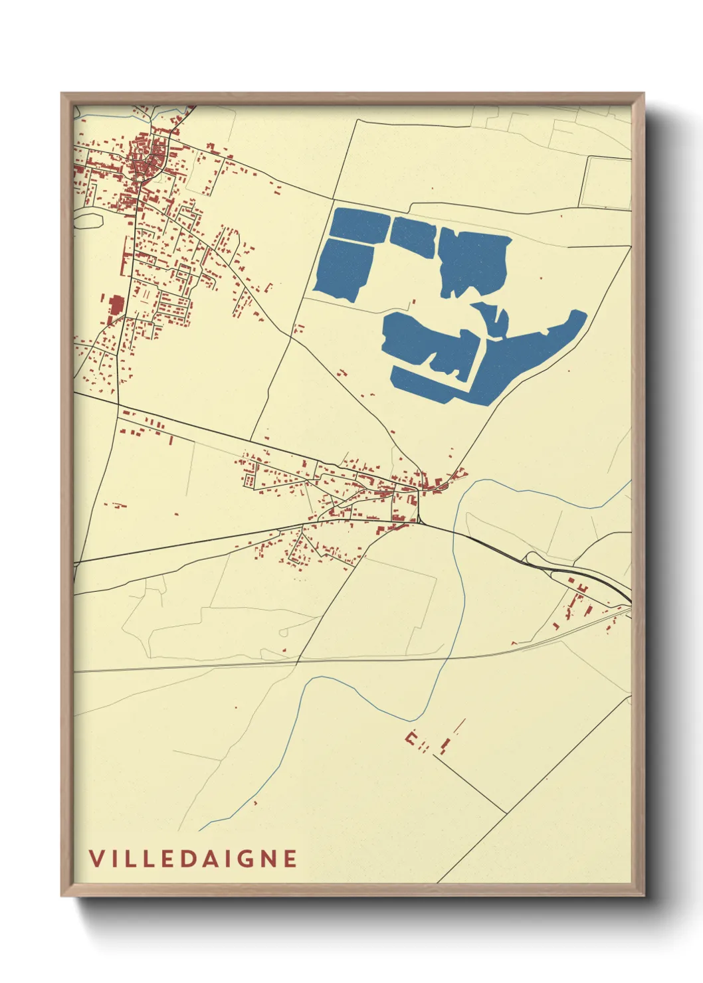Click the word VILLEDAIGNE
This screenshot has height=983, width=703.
tap(193, 859)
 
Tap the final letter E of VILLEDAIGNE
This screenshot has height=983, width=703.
tap(290, 859)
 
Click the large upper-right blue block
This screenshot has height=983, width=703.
tap(473, 261)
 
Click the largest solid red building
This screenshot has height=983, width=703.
tap(116, 306)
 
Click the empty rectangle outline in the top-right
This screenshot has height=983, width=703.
tap(605, 183)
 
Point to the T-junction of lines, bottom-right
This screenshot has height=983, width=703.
tap(506, 812)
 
